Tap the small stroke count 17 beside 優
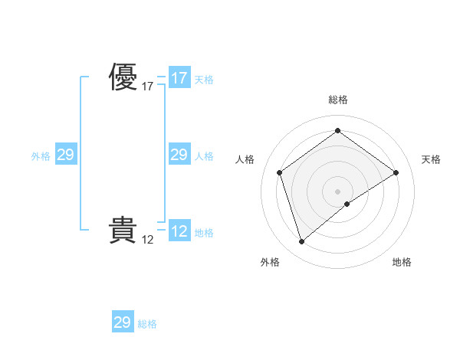coord(148,87)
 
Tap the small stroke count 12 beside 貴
coord(148,240)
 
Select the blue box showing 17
coord(179,77)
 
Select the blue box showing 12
coord(179,231)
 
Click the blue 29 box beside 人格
coord(179,155)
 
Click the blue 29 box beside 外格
coord(65,155)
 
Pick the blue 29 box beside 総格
coord(123,322)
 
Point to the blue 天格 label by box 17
coord(204,80)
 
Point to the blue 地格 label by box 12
coord(204,233)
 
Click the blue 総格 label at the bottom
coord(147,325)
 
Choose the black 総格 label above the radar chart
coord(337,100)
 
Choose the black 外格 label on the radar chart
coord(270,262)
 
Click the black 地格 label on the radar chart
coord(402,262)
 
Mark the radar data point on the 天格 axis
coord(396,172)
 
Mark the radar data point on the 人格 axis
coord(280,172)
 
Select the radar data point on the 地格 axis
coord(347,204)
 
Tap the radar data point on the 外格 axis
coord(301,242)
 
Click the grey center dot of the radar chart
coord(337,191)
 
